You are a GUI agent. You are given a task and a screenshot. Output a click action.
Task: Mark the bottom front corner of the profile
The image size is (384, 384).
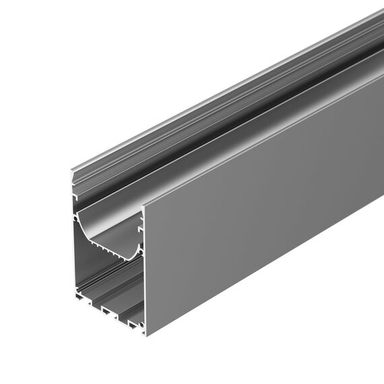click(146, 335)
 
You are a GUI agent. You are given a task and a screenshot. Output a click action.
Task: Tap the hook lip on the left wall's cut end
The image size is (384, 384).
click(77, 196)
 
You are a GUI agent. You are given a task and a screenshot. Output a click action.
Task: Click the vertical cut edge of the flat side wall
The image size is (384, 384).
click(145, 269)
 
